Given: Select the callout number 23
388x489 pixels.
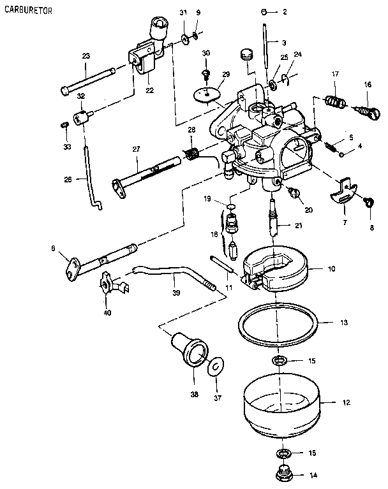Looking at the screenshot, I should point(86,56).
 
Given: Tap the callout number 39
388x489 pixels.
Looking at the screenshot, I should point(177,293).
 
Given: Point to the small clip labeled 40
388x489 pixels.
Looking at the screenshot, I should point(110,282).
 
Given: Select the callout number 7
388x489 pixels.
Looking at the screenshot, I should point(345,223).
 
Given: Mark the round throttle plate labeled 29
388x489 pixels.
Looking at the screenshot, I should point(205,93).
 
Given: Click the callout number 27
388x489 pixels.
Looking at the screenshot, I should point(135,149).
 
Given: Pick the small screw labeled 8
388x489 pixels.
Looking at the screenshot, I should point(369,202).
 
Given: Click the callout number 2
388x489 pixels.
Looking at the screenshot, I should point(285,12).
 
